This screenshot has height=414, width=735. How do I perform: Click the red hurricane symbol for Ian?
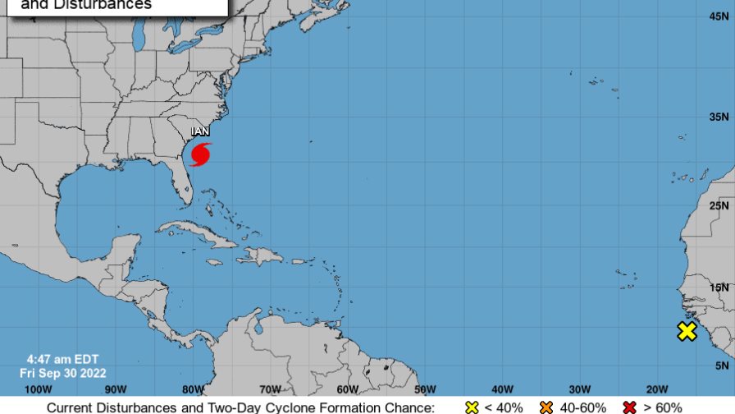pos(201,154)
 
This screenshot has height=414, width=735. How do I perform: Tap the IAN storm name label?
pos(201,131)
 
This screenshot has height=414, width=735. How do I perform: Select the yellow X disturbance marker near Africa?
pos(687,332)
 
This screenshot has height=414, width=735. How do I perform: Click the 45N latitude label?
pos(720,16)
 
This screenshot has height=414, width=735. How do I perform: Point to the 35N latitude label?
pos(720,117)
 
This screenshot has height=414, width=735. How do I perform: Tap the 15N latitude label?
pos(720,287)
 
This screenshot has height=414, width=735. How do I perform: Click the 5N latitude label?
pos(722,366)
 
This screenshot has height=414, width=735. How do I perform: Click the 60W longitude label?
pos(348,389)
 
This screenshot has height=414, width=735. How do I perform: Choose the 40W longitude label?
pos(502,389)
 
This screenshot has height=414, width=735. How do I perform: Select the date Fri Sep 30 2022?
pos(62,372)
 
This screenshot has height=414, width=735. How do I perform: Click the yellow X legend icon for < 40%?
pos(472,407)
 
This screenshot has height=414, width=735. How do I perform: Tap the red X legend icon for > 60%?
pos(631,407)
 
